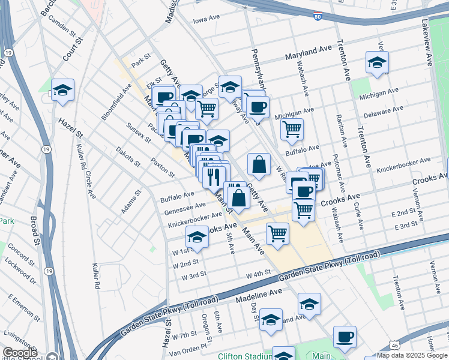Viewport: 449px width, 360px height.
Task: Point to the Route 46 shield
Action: coord(393,345)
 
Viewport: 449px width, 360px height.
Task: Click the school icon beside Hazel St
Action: coord(62,90)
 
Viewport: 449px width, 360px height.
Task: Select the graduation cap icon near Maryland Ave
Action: coord(377,62)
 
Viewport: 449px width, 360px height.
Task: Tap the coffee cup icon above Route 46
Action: coord(345,337)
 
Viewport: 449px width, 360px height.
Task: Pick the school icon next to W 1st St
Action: coord(197,237)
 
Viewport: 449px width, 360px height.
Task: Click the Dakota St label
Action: coord(128,157)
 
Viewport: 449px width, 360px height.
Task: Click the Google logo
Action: coord(20,353)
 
